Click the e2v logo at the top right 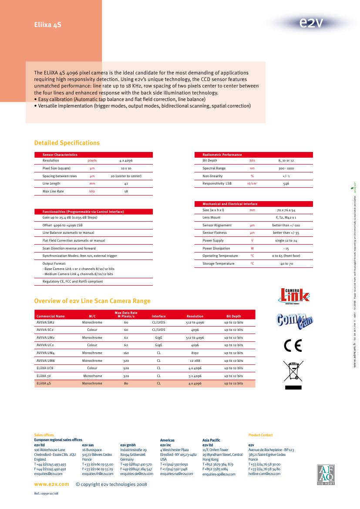[311, 23]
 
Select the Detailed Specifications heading [67, 143]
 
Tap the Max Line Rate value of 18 [126, 191]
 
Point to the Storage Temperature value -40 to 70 [286, 264]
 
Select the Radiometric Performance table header [222, 155]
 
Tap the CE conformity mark [292, 345]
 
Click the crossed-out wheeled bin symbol [293, 373]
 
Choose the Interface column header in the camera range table [158, 317]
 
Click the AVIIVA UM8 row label [46, 361]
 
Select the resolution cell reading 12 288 [195, 361]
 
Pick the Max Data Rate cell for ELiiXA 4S [126, 384]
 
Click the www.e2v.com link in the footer [51, 484]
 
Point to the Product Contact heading [260, 435]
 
